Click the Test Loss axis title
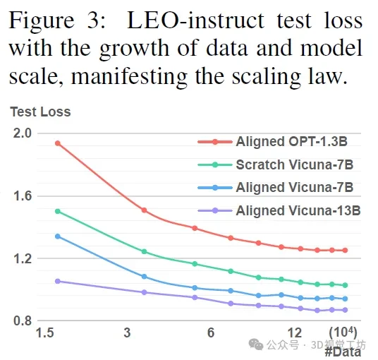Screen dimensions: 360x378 (40, 112)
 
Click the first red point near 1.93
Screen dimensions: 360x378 (58, 143)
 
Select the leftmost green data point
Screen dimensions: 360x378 (58, 211)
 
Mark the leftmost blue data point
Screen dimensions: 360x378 (58, 236)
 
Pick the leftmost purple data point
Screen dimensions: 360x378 (58, 281)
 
